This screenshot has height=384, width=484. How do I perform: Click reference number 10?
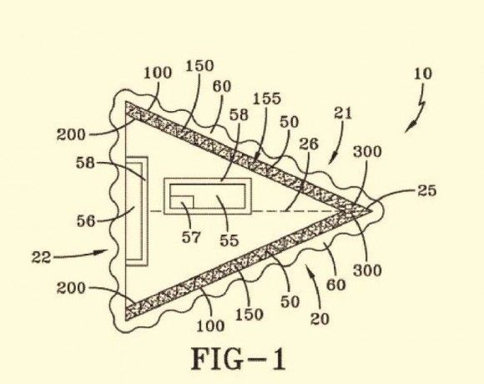[x=422, y=74]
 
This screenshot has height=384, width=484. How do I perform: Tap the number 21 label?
[x=343, y=114]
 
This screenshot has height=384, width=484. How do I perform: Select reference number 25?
[x=427, y=191]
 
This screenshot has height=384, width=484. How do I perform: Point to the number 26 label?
[x=309, y=144]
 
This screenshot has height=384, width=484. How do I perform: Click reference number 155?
[x=267, y=99]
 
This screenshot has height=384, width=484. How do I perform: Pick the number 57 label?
[x=191, y=237]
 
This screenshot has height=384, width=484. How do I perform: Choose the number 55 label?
[x=229, y=240]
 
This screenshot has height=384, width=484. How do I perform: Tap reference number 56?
[x=86, y=221]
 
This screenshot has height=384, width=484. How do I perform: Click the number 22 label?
[x=41, y=257]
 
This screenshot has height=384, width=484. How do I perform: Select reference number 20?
[x=320, y=319]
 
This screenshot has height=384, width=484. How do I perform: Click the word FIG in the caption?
[x=216, y=359]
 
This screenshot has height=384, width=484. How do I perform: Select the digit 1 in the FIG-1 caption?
[x=278, y=359]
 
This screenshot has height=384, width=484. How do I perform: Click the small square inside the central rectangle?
[x=182, y=201]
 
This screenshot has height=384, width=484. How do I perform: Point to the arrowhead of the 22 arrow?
[x=103, y=252]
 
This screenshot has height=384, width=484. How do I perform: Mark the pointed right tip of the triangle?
[x=371, y=211]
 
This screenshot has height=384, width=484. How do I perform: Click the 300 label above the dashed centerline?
[x=367, y=152]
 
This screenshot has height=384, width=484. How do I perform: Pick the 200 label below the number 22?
[x=71, y=288]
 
